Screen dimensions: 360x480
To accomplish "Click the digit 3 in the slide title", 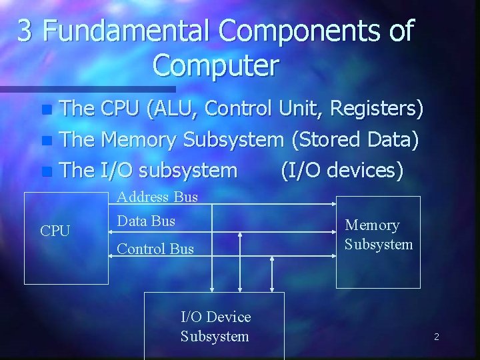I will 25,31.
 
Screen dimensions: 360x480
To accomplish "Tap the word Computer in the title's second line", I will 215,65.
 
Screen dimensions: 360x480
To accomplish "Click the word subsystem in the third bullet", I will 189,170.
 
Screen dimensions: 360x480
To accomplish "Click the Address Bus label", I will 157,197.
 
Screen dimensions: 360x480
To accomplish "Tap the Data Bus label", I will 146,221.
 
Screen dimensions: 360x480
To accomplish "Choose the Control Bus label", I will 155,249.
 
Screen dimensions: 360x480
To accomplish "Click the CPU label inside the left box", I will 55,231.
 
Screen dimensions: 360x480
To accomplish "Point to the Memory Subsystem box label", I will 379,235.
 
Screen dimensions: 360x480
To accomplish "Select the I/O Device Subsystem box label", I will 215,327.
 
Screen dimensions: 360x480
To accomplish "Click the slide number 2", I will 436,337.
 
